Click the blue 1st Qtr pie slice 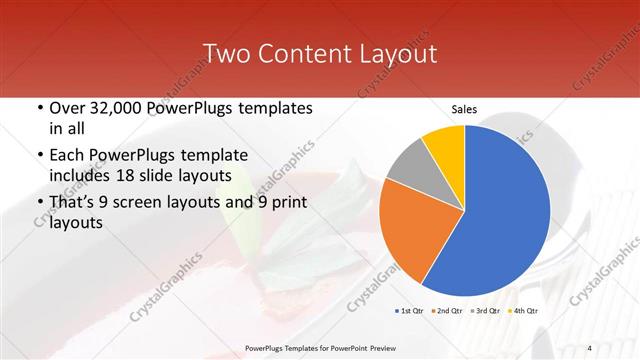pyautogui.click(x=505, y=210)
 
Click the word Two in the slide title pyautogui.click(x=226, y=52)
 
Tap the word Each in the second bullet pyautogui.click(x=66, y=156)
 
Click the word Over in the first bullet pyautogui.click(x=67, y=108)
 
